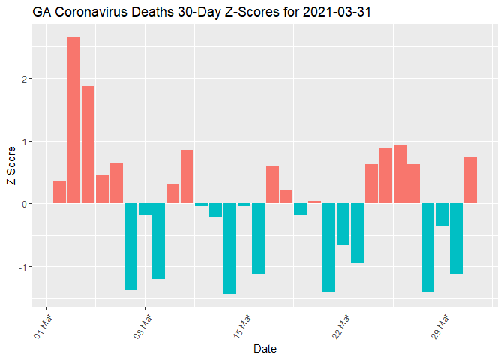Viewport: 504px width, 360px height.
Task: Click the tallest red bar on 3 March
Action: pyautogui.click(x=73, y=120)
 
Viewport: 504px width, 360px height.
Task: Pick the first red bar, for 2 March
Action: pyautogui.click(x=59, y=192)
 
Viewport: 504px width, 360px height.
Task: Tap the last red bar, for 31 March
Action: pyautogui.click(x=471, y=181)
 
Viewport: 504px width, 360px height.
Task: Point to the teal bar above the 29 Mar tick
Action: pyautogui.click(x=442, y=215)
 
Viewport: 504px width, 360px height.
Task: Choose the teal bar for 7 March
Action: pyautogui.click(x=130, y=247)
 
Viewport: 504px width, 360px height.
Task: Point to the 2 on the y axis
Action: pyautogui.click(x=25, y=79)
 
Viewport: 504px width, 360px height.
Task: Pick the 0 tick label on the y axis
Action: pyautogui.click(x=25, y=204)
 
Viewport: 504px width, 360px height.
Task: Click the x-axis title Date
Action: pyautogui.click(x=265, y=348)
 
